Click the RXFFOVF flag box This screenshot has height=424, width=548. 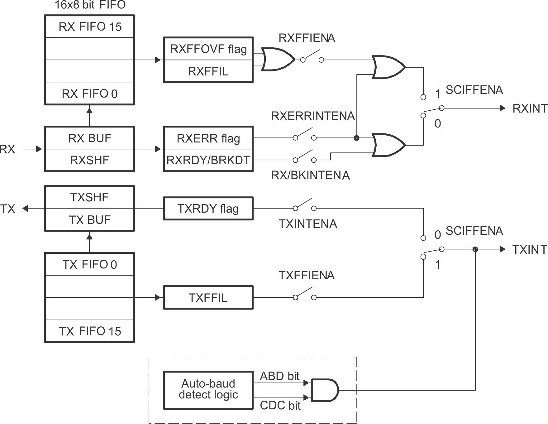point(208,49)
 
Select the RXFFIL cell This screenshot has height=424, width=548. point(208,71)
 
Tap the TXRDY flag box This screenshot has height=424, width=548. point(208,208)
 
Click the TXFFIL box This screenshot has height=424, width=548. point(208,298)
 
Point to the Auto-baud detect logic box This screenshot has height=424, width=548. point(208,390)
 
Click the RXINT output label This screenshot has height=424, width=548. point(530,108)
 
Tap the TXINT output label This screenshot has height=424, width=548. point(530,249)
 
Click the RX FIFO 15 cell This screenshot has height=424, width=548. point(90,27)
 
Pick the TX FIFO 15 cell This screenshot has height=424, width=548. point(90,331)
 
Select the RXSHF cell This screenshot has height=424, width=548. point(89,160)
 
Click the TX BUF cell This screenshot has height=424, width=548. point(89,220)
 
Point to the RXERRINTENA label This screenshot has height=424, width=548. point(312,116)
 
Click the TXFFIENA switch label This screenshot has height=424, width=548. point(306,276)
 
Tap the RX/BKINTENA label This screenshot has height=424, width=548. point(310,176)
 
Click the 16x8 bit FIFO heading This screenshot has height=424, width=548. point(90,5)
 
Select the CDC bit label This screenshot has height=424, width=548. point(280,406)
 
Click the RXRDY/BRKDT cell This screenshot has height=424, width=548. point(208,160)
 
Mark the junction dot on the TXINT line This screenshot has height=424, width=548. point(475,249)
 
